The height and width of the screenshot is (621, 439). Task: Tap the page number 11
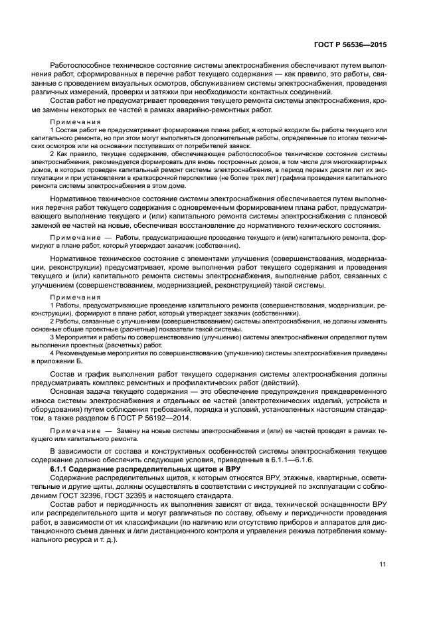pos(383,565)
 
